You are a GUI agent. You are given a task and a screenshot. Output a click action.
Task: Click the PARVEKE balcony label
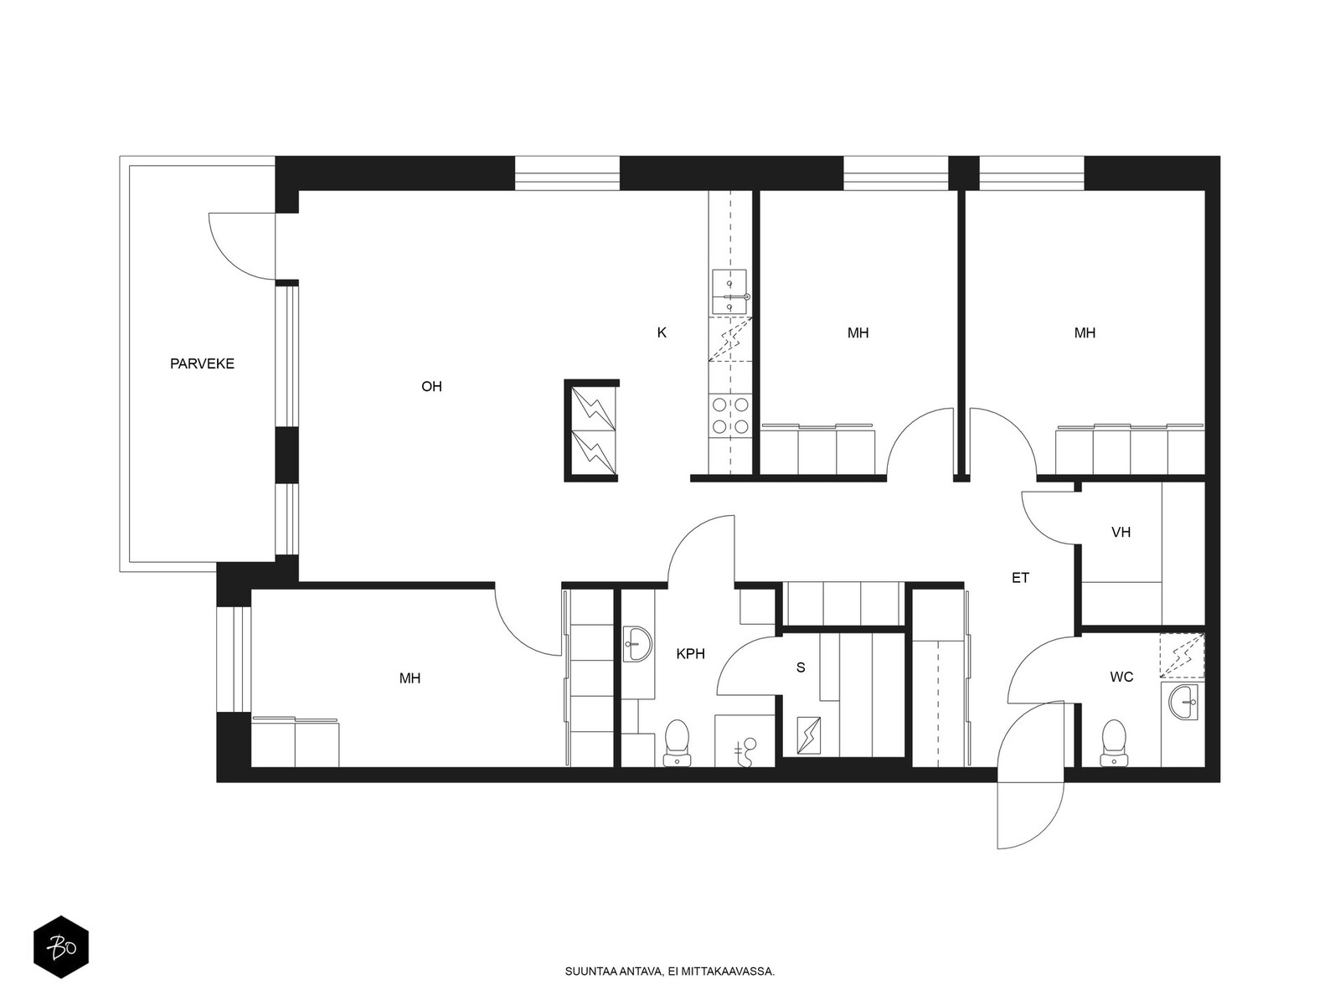click(202, 363)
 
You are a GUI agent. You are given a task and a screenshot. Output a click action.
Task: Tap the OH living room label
click(431, 386)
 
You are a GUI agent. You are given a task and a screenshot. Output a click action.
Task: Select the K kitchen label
click(662, 332)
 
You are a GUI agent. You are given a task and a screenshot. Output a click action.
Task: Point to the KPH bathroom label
click(690, 654)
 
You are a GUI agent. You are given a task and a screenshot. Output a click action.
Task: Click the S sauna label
click(801, 667)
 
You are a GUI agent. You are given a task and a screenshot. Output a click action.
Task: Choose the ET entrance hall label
click(1021, 578)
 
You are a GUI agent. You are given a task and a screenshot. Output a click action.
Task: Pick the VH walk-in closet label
click(1121, 532)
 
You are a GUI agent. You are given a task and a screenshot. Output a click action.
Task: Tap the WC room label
click(1121, 677)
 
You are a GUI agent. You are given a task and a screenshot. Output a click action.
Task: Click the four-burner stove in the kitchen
click(730, 415)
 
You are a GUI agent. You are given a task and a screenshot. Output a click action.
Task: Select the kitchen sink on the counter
click(730, 291)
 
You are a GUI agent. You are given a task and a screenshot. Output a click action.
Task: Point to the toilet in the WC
click(1114, 743)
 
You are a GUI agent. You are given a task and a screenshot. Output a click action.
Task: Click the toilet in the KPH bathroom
click(677, 743)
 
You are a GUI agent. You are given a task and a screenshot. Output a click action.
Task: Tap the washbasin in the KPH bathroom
click(637, 643)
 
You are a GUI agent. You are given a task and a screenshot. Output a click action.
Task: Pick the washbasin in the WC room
click(1183, 702)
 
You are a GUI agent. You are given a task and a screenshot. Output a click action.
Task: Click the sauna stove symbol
click(809, 735)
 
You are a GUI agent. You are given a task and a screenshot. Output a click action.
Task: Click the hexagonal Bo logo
click(61, 947)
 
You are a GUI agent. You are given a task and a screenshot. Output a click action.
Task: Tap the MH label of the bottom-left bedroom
click(410, 678)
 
